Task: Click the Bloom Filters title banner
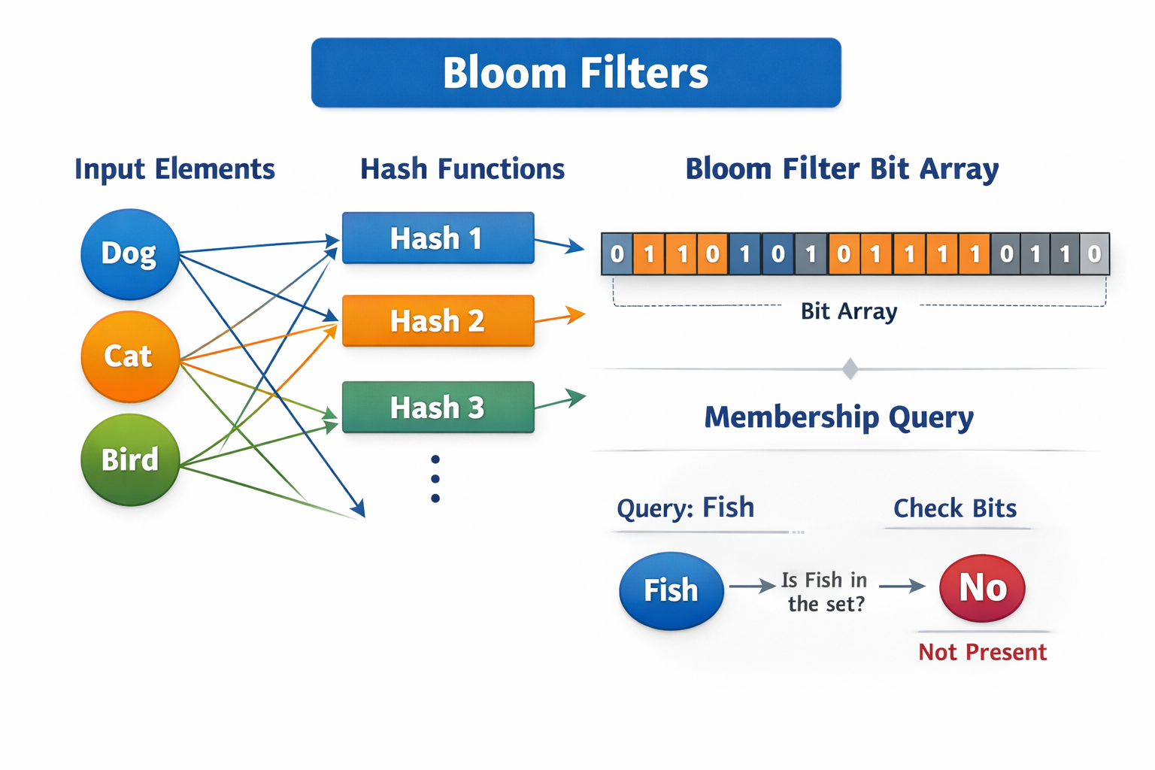(576, 73)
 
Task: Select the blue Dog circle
(129, 254)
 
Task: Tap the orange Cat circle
(129, 356)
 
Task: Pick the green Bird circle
(129, 459)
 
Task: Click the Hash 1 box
(438, 238)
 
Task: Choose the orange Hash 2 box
(438, 321)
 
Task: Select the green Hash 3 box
(438, 408)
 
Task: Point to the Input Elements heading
(174, 169)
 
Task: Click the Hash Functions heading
(462, 169)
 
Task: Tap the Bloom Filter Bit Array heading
(841, 169)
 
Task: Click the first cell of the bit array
(617, 254)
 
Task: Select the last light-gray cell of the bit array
(1094, 254)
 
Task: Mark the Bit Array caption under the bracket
(849, 311)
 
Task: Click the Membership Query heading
(838, 417)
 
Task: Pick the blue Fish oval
(671, 590)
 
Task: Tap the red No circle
(982, 588)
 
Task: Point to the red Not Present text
(982, 652)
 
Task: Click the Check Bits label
(955, 508)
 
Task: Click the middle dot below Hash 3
(435, 479)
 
